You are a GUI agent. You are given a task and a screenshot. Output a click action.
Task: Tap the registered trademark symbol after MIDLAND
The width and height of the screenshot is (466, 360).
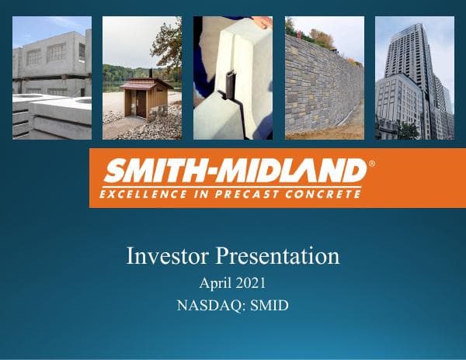point(370,164)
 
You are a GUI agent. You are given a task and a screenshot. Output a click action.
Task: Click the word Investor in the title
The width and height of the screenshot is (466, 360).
point(168,255)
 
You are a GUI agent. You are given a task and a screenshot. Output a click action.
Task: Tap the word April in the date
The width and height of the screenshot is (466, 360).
point(215,283)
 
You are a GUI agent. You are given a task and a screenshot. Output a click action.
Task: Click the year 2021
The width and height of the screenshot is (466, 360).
point(251,283)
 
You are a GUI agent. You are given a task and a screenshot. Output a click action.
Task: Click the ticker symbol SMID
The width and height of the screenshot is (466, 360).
point(270,305)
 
